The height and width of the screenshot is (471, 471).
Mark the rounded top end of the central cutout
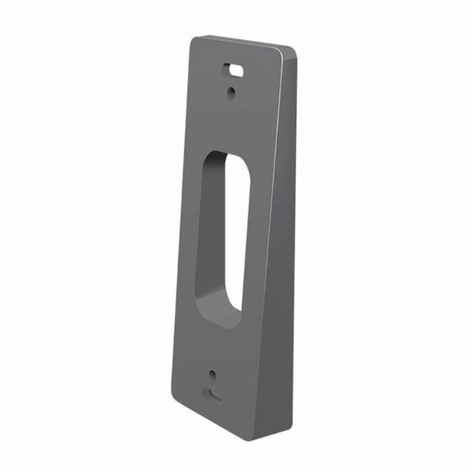228,155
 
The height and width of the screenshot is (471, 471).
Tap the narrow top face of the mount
245,41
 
